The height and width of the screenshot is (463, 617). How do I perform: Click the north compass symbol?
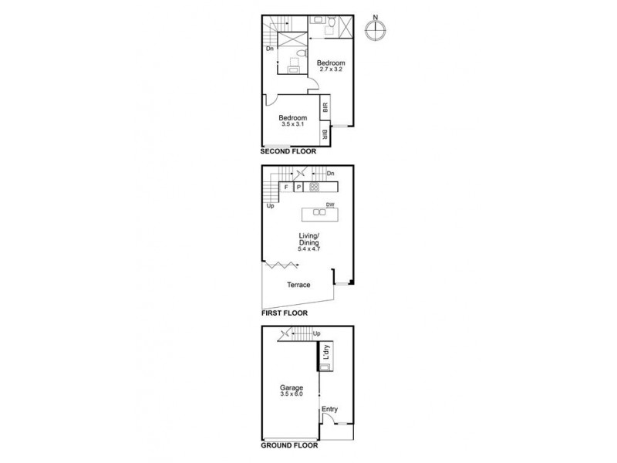(376, 29)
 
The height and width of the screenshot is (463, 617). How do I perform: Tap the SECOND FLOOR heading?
(288, 152)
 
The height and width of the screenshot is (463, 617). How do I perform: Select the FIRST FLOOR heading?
(285, 313)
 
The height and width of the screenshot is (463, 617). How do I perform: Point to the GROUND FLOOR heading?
(289, 445)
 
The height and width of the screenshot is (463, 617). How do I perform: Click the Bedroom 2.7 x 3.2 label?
(330, 66)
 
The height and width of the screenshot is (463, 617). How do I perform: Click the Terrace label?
(298, 285)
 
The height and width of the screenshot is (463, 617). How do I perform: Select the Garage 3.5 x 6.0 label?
(291, 391)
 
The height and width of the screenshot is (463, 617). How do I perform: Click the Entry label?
(329, 409)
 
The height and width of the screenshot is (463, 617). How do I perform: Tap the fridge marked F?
(286, 187)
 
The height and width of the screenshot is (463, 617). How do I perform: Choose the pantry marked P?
(298, 187)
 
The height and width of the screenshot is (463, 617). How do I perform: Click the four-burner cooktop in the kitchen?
(314, 187)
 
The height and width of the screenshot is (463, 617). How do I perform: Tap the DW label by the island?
(330, 204)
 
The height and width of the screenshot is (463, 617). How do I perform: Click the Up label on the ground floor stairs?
(316, 333)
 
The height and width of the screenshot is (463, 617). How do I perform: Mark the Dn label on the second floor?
(270, 49)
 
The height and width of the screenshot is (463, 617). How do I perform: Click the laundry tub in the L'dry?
(325, 367)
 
